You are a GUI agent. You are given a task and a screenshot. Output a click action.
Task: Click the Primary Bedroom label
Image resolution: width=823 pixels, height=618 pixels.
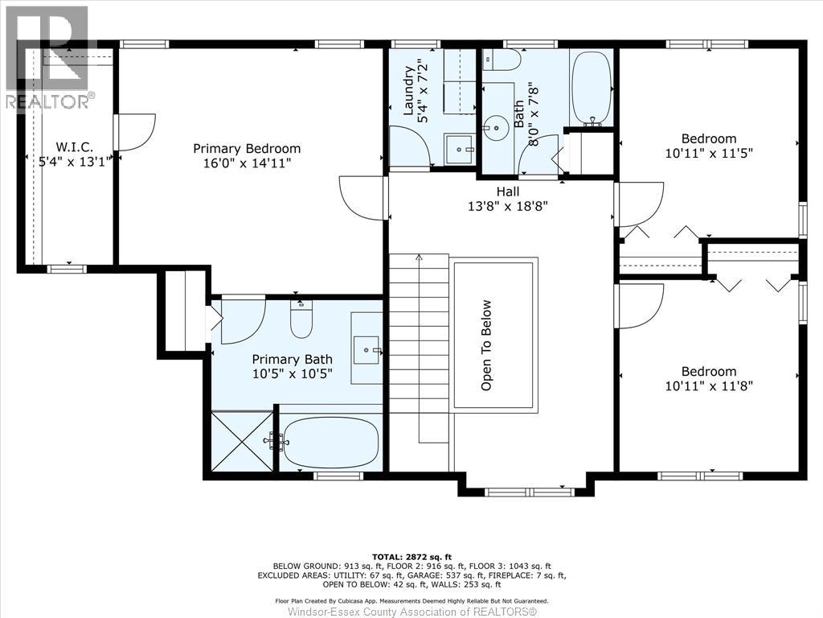(247, 149)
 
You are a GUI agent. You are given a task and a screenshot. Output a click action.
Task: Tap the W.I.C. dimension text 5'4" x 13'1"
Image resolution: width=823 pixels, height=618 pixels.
(74, 161)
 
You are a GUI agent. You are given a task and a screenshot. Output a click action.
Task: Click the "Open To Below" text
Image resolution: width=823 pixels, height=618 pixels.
(486, 345)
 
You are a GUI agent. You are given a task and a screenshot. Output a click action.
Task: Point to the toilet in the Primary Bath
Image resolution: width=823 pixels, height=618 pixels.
(301, 319)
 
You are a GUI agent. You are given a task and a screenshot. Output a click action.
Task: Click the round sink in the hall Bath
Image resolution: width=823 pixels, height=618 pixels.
(495, 128)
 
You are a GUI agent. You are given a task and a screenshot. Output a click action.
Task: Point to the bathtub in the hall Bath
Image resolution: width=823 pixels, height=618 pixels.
(592, 88)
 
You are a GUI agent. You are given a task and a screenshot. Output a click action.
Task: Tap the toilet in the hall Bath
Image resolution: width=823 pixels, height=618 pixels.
(502, 60)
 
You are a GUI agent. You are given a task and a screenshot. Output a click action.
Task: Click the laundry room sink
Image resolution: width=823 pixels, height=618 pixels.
(459, 150)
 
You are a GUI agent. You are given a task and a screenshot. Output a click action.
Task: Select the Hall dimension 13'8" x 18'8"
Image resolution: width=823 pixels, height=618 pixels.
(508, 205)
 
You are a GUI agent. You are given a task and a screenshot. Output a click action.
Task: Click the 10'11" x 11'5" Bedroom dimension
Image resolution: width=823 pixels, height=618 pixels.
(709, 154)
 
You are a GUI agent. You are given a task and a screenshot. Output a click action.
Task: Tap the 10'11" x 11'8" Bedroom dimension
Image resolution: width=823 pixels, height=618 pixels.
(709, 386)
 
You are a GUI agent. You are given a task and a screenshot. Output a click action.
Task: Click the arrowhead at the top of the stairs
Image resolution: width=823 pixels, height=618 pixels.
(419, 257)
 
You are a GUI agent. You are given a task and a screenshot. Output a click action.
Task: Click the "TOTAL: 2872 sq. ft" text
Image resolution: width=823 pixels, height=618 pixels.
(411, 557)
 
